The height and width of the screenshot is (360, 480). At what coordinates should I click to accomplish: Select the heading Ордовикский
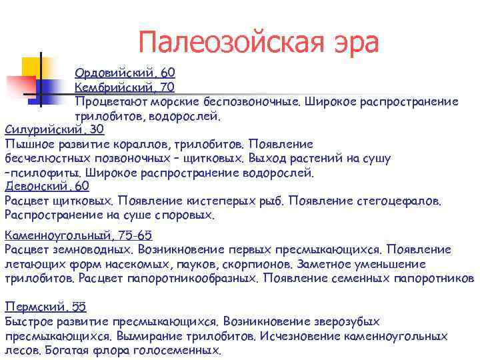(x=115, y=72)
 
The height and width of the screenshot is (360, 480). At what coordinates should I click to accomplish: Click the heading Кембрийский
(x=115, y=87)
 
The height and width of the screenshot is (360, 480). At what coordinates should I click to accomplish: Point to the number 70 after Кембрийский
(x=168, y=87)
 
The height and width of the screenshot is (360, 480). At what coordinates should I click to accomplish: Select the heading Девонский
(x=37, y=187)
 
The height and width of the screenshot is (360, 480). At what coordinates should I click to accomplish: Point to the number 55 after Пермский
(x=79, y=307)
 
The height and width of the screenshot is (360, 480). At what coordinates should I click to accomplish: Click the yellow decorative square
(x=33, y=67)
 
